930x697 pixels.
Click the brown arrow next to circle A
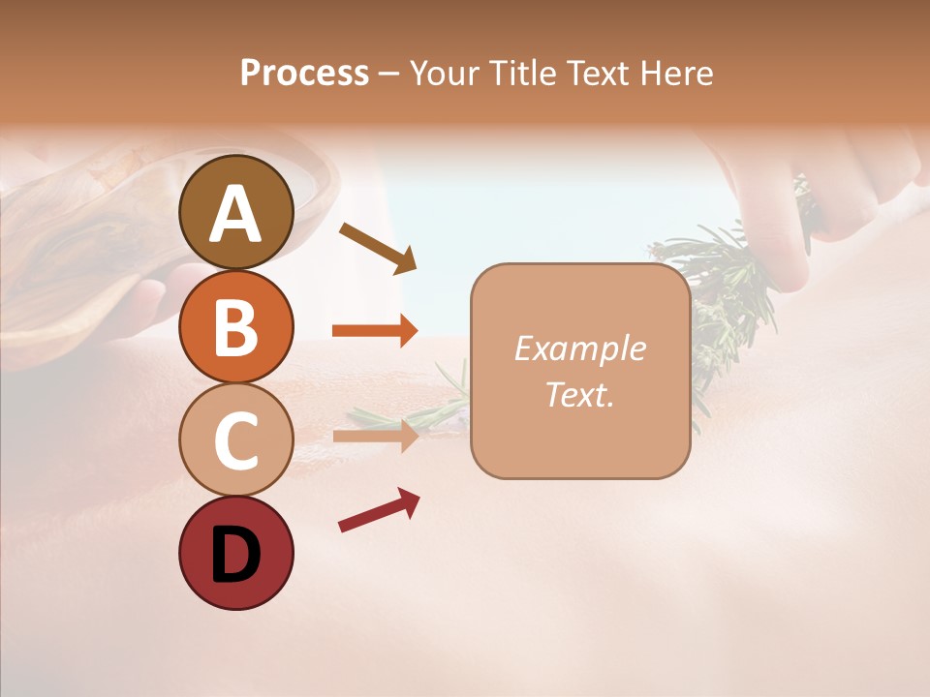point(377,247)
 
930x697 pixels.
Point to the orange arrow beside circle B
point(375,330)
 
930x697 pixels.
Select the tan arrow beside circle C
point(375,436)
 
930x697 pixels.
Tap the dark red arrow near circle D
point(379,510)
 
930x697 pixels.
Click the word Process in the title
point(304,73)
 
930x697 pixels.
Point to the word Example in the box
point(579,348)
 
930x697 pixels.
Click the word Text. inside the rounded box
point(579,395)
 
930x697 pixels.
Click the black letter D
point(236,555)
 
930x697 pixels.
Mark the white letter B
point(236,327)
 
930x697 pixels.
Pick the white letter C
point(236,440)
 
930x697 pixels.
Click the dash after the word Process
point(389,74)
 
